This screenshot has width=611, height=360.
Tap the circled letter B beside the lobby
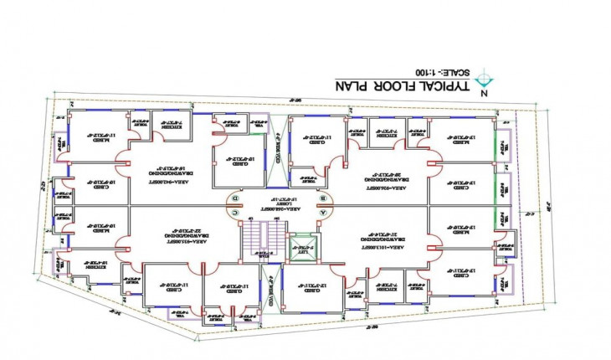click(x=323, y=198)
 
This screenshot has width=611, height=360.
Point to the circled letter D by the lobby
click(x=235, y=198)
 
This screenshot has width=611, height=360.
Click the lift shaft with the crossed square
click(x=304, y=246)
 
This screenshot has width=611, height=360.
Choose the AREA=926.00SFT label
click(x=387, y=191)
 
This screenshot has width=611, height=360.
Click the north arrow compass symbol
click(x=483, y=80)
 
